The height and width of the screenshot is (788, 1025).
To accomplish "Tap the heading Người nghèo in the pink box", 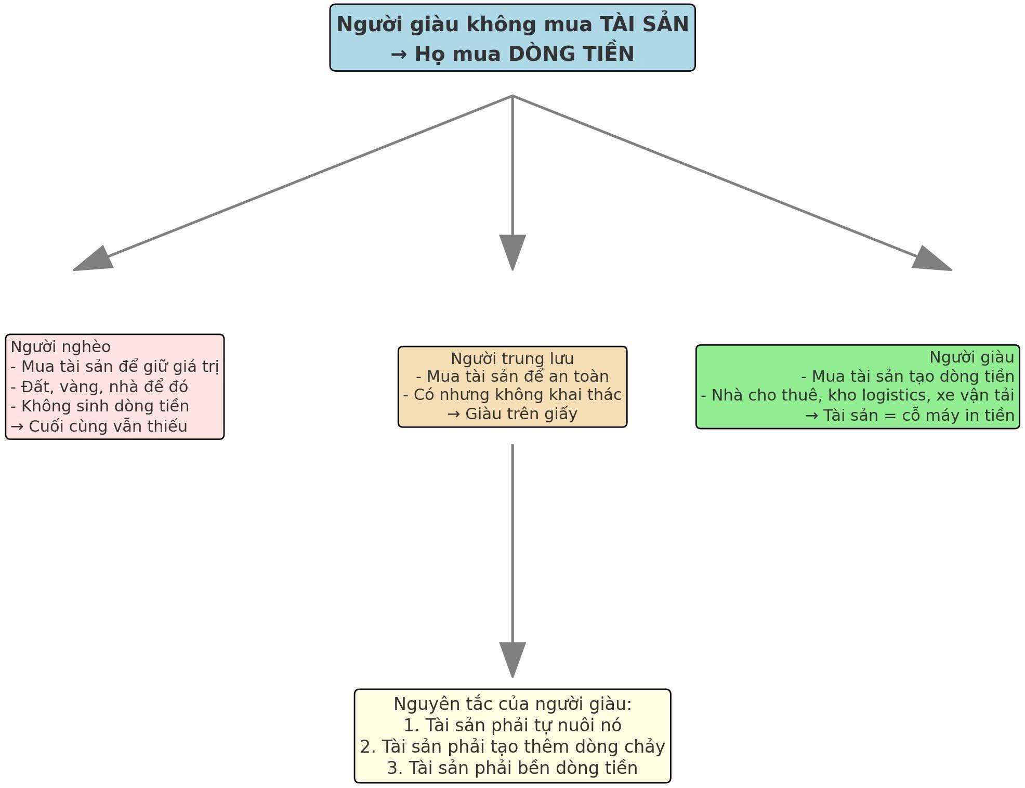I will [61, 347].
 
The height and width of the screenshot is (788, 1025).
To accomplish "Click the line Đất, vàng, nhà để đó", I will [99, 386].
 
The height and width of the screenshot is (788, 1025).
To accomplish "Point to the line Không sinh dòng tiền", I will [100, 406].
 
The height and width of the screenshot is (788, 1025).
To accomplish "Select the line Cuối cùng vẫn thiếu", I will [99, 427].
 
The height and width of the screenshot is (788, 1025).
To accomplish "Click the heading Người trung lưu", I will [512, 358].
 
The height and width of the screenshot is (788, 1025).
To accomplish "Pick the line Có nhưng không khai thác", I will [512, 395].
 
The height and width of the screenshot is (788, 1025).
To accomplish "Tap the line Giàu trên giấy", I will [512, 414].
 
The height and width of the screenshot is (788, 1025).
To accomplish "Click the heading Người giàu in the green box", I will [971, 357].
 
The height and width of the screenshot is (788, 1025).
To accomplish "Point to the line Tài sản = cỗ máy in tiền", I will [910, 415].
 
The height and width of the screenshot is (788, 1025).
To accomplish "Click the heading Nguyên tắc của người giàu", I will [512, 704].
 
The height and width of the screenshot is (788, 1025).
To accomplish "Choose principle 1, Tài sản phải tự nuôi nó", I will [512, 725].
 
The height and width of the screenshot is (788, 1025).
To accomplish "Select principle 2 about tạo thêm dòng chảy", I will [512, 746].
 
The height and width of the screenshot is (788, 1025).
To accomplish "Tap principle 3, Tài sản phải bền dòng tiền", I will [512, 768].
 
